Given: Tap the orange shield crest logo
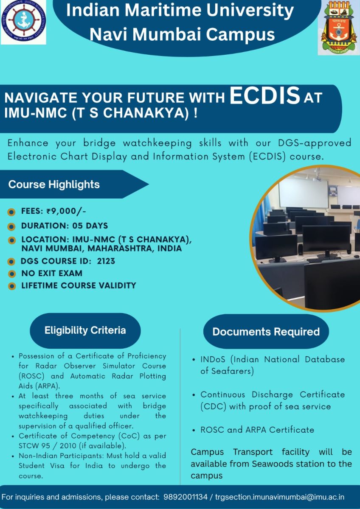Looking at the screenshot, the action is point(339,27).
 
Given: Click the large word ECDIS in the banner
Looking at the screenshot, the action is point(265,95).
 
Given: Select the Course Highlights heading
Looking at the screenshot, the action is point(54,184).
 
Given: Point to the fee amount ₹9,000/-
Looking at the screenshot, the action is point(66,211).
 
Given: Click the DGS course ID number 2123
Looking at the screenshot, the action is point(106,261).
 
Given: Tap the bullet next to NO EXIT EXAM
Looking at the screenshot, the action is point(11,274).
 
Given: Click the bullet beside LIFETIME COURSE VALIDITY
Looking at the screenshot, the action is point(11,286).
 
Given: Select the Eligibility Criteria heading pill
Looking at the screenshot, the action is point(85,330).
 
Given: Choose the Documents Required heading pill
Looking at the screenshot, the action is point(266,332).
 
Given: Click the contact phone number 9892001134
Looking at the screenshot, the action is point(186,497).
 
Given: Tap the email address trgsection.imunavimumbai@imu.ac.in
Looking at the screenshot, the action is point(280,497).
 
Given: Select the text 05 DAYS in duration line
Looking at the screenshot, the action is point(90,226).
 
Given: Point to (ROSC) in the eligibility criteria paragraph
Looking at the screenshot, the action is point(31,376).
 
